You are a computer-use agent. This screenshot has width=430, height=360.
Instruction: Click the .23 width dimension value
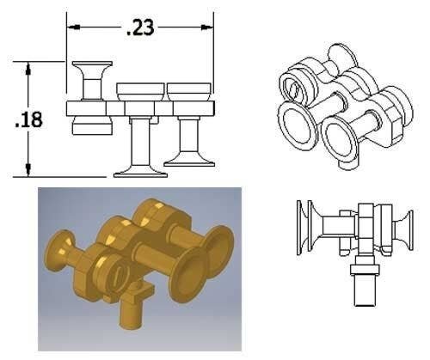click(x=138, y=28)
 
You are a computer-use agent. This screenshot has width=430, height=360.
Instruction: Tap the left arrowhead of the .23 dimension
click(x=72, y=27)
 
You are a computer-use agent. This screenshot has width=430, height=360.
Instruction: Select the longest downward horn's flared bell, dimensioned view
click(x=140, y=170)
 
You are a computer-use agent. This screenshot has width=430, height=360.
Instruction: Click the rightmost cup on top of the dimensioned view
click(x=188, y=88)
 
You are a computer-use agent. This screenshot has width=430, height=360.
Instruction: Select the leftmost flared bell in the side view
click(x=302, y=227)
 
